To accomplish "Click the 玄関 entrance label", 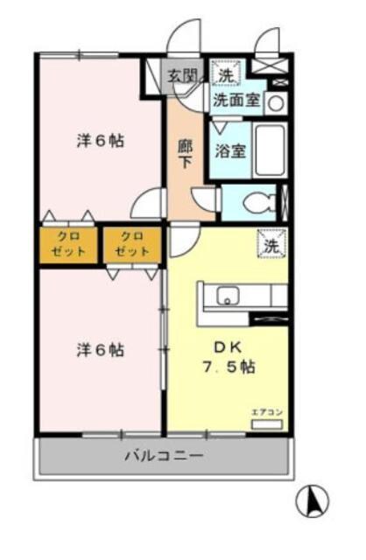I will [x=181, y=75].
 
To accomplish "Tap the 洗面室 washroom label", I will [x=236, y=100].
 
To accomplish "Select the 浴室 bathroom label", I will [x=230, y=150].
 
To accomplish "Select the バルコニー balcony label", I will [x=163, y=456].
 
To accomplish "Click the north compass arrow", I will [x=313, y=501].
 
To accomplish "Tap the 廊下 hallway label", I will [x=184, y=154].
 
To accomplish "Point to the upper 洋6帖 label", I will [x=99, y=140].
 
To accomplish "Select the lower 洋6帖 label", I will [x=99, y=350].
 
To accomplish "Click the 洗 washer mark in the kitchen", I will [x=270, y=246].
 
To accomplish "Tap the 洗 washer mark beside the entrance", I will [x=227, y=75].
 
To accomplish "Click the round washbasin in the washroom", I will [x=275, y=102].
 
